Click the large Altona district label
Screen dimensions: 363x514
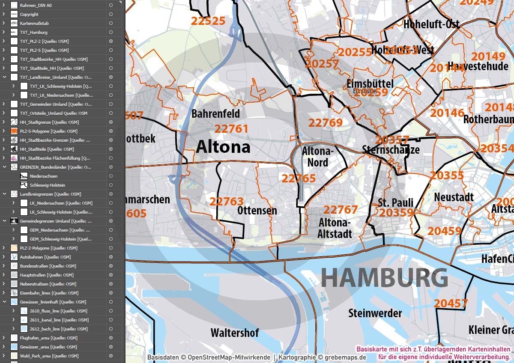223,147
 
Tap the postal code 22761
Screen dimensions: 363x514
231,129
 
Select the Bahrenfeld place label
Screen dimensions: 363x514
215,114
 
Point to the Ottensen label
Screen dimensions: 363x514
257,211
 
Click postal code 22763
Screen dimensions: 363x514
227,201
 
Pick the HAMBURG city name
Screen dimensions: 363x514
384,278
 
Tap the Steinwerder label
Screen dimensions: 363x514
375,313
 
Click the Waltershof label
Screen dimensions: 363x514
235,333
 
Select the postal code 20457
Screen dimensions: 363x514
451,303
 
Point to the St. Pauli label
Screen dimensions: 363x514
395,202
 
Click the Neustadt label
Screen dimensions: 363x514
454,197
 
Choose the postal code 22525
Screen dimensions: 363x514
208,21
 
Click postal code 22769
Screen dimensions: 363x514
326,123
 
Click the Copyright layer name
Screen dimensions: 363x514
29,14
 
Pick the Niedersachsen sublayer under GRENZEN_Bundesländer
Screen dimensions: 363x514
43,176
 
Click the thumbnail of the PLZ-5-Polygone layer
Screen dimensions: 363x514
14,131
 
